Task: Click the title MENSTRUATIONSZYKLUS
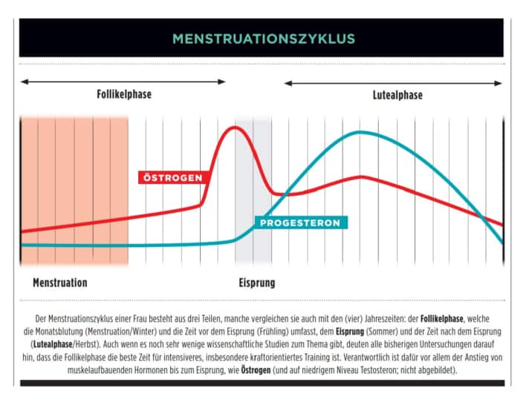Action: pos(263,39)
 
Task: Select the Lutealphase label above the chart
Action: pos(397,95)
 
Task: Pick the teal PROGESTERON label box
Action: pos(302,223)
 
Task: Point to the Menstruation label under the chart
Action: pos(59,283)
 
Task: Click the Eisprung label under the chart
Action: pos(257,283)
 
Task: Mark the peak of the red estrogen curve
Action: pos(236,128)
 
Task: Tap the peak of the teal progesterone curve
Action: pos(360,132)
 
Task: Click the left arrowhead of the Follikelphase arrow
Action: pos(24,82)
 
